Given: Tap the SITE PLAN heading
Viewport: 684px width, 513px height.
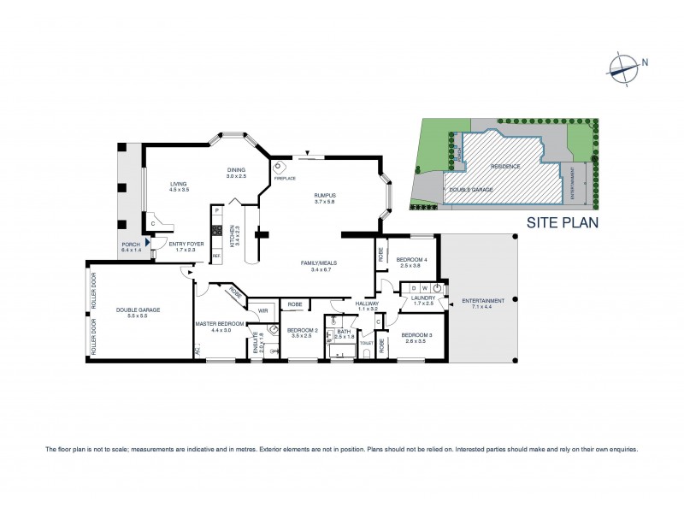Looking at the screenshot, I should point(561,221).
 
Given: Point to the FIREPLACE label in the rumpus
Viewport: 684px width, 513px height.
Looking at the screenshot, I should point(285,178).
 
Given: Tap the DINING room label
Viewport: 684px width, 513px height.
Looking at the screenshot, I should point(236,171).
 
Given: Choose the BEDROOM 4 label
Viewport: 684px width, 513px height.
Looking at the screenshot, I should point(412,259).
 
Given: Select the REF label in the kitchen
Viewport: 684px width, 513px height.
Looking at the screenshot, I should point(215,256).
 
